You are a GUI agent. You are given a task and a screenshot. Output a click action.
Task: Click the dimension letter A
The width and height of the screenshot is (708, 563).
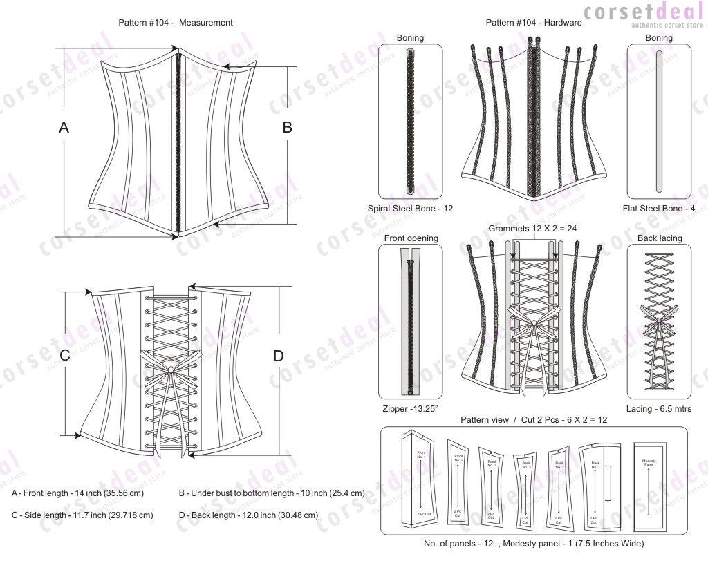[64, 128]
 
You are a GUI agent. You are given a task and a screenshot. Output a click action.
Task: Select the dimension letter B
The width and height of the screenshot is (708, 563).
[287, 128]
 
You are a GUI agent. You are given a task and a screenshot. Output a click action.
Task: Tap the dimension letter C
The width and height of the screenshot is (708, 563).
[64, 356]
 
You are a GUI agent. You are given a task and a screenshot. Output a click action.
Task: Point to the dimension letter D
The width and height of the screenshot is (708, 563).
[278, 356]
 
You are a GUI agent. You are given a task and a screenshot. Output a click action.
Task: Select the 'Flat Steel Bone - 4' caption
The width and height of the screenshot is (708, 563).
[658, 208]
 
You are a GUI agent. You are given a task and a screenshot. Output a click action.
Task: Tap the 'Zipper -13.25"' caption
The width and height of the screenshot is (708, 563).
[410, 409]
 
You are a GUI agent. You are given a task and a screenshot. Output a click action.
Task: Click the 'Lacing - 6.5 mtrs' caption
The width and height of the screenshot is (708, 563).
[658, 409]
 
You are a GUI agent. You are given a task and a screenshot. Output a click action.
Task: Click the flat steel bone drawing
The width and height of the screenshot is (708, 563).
[658, 122]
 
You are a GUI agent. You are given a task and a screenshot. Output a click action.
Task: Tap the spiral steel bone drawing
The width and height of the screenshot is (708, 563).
[410, 122]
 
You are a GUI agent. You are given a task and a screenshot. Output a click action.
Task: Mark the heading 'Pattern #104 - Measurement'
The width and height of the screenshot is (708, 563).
[176, 23]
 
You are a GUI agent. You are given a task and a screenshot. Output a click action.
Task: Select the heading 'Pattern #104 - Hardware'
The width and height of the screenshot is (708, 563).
[533, 23]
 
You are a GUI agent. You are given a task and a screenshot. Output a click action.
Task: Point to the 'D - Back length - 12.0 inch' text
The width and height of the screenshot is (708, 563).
[248, 515]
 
